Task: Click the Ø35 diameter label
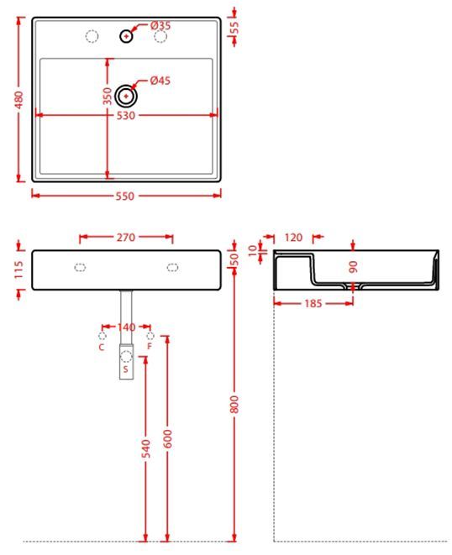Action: [x=160, y=26]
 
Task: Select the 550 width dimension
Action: [x=126, y=196]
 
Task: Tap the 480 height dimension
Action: [x=18, y=100]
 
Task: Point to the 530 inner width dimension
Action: [x=126, y=115]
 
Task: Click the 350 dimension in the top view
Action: [x=108, y=96]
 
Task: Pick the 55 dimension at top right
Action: [x=234, y=27]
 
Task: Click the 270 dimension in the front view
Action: [x=126, y=238]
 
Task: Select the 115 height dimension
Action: [x=18, y=270]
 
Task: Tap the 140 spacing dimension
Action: [x=126, y=327]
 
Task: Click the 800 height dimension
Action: [x=234, y=403]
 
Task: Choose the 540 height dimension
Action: [x=146, y=449]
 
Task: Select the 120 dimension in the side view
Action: [x=293, y=238]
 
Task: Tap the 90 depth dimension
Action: [x=353, y=266]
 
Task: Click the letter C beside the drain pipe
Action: [x=102, y=346]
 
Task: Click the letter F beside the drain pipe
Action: [x=150, y=346]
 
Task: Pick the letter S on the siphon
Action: [x=125, y=369]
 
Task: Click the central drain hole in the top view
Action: [x=126, y=96]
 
